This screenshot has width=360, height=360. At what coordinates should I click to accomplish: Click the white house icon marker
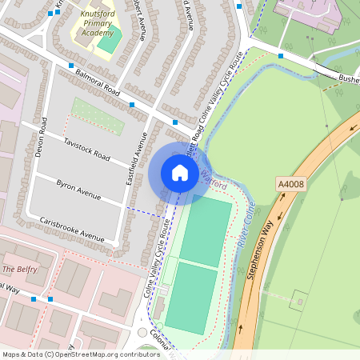[180, 172]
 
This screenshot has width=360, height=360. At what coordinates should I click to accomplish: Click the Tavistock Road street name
[84, 149]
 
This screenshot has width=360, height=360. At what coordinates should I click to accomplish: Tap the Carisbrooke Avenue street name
[72, 228]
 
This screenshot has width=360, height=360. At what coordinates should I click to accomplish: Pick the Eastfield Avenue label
[133, 159]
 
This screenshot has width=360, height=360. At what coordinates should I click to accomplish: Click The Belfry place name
[19, 270]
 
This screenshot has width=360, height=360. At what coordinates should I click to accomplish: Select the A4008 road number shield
[290, 185]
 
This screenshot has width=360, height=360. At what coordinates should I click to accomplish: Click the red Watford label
[213, 180]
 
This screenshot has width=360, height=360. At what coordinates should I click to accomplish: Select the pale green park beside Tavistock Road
[98, 116]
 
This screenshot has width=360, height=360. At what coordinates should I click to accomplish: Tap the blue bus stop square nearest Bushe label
[281, 56]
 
